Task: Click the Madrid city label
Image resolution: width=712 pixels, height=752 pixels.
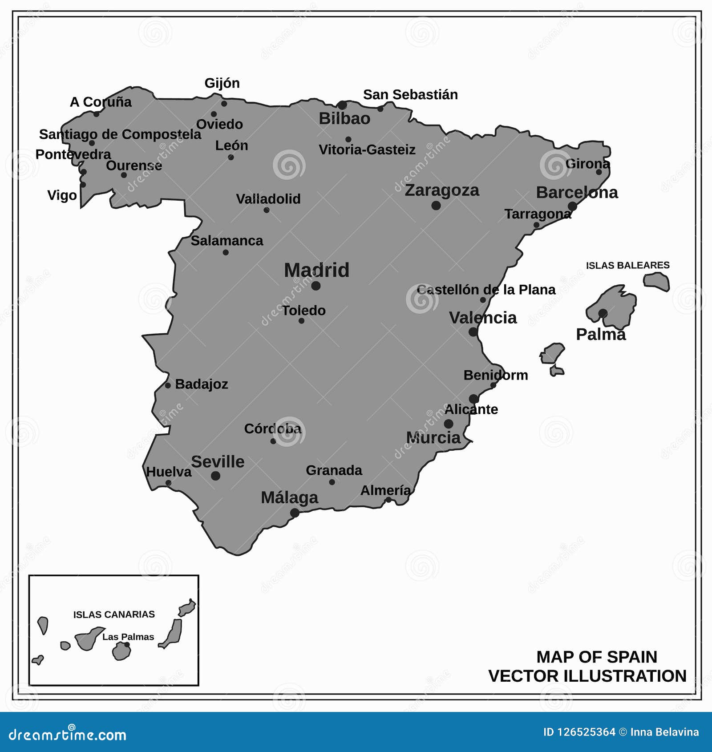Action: pyautogui.click(x=316, y=270)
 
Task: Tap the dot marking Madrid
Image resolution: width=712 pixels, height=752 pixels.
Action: pyautogui.click(x=316, y=286)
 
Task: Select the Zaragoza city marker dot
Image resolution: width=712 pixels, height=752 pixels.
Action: pyautogui.click(x=436, y=206)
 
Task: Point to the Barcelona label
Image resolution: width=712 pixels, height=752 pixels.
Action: pyautogui.click(x=577, y=193)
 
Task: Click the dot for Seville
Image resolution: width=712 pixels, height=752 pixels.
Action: pyautogui.click(x=216, y=476)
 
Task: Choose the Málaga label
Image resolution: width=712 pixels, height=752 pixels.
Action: pyautogui.click(x=289, y=497)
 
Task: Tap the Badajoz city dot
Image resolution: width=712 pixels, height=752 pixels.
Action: pyautogui.click(x=168, y=385)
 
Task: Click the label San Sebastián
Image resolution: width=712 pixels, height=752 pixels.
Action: pyautogui.click(x=410, y=95)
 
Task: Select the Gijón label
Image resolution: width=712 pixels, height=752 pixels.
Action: pyautogui.click(x=222, y=83)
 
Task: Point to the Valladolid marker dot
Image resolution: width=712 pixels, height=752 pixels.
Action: pyautogui.click(x=267, y=210)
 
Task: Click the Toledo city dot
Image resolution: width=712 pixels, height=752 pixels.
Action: pyautogui.click(x=301, y=321)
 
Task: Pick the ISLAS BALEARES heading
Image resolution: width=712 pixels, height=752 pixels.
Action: pyautogui.click(x=627, y=266)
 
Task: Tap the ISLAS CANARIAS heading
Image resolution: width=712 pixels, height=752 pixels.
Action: pyautogui.click(x=114, y=615)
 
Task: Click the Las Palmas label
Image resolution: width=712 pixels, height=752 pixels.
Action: pyautogui.click(x=128, y=637)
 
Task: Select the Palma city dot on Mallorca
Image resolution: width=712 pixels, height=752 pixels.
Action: pyautogui.click(x=603, y=313)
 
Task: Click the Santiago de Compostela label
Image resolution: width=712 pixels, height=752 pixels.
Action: pyautogui.click(x=120, y=134)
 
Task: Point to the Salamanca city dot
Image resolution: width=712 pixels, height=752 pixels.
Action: pyautogui.click(x=226, y=252)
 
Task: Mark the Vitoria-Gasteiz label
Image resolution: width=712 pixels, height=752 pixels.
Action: pyautogui.click(x=367, y=150)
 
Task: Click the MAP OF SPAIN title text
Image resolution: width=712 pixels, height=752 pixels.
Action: pyautogui.click(x=596, y=657)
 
